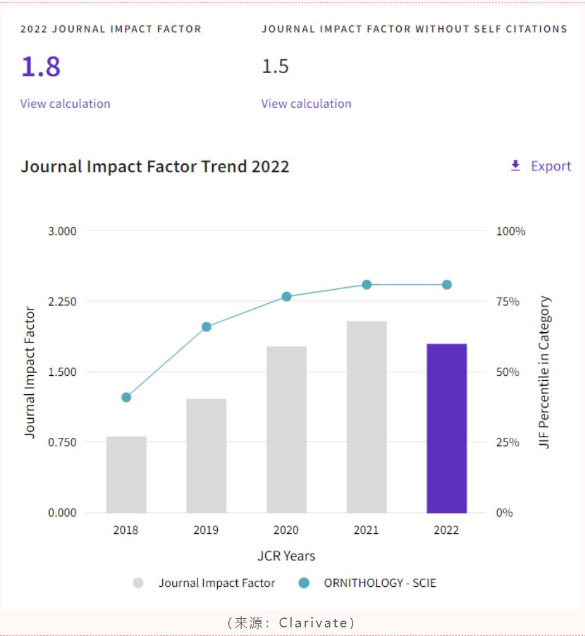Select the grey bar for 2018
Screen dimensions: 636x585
tap(126, 474)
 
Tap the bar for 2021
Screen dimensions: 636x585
tap(367, 417)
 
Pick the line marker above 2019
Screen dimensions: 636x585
tap(207, 327)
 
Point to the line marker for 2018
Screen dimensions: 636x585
tap(126, 397)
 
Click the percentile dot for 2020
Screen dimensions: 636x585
tap(287, 296)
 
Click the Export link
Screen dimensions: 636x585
tap(541, 166)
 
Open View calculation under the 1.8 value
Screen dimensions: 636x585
tap(65, 103)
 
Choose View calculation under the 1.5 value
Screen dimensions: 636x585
tap(306, 103)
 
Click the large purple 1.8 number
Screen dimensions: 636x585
tap(41, 66)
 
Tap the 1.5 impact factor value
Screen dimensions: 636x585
tap(275, 66)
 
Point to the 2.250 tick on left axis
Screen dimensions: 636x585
tap(62, 301)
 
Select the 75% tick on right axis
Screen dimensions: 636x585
tap(508, 301)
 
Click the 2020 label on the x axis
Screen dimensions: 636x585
tap(286, 530)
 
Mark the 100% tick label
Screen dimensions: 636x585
tap(511, 231)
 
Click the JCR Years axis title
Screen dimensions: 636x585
tap(286, 556)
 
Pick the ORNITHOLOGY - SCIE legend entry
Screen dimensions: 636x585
tap(380, 583)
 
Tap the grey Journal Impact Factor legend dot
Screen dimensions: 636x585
tap(138, 583)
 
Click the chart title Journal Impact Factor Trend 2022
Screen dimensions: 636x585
tap(155, 166)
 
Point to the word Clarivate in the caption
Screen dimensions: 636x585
tap(313, 622)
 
